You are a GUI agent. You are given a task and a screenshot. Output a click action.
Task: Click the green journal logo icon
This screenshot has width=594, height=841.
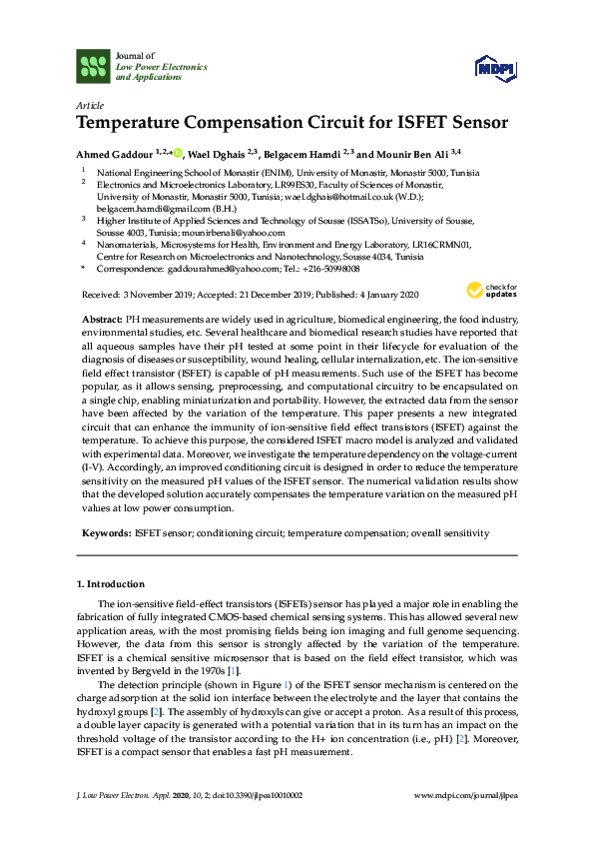(92, 67)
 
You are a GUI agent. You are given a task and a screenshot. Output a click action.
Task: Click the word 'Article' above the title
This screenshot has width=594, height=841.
(87, 105)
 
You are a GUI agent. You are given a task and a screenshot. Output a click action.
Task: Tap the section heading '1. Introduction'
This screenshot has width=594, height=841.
(110, 584)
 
